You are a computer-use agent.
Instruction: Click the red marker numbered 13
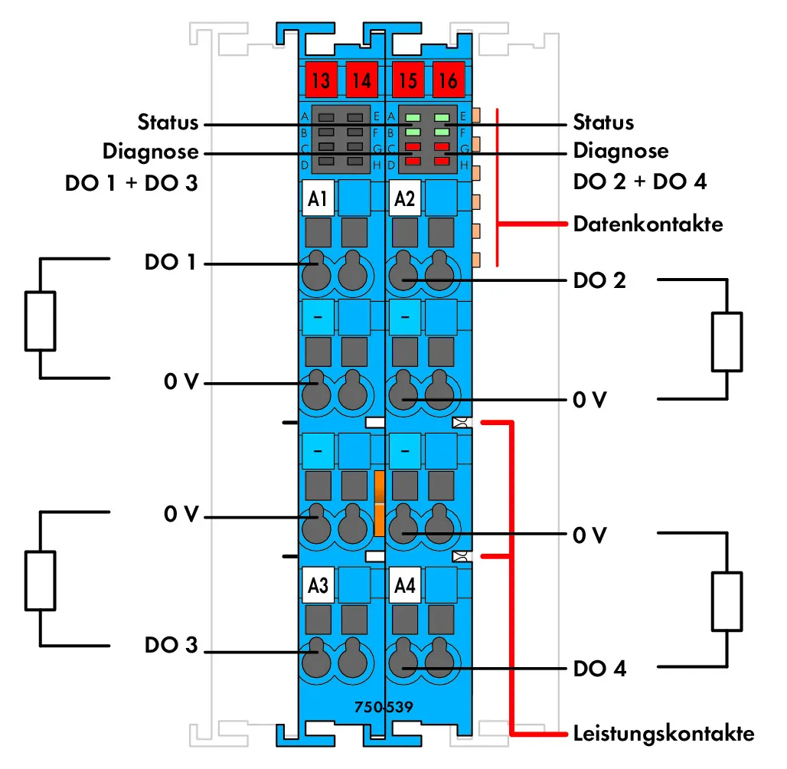point(321,80)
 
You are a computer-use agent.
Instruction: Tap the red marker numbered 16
point(448,80)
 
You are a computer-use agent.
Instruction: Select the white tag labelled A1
point(318,198)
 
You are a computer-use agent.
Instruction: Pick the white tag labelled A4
point(404,585)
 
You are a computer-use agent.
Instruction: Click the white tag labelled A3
point(318,585)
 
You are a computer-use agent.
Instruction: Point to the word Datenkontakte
point(648,224)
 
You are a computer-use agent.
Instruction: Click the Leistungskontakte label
point(664,733)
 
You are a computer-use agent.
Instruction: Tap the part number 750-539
point(384,707)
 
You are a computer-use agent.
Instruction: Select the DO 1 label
point(170,262)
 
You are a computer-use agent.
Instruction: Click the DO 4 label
point(599,669)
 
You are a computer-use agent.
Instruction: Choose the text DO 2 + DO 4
point(640,182)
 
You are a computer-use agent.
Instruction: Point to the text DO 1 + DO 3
point(132,183)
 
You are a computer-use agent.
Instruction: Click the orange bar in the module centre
point(380,503)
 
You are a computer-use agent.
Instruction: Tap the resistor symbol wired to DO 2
point(727,342)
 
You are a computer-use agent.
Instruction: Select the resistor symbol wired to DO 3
point(40,581)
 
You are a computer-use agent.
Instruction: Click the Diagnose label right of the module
point(621,151)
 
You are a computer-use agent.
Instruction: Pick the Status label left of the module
point(168,122)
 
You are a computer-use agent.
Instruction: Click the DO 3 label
point(171,645)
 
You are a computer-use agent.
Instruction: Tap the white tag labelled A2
point(404,198)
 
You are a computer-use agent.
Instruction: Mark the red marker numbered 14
point(361,80)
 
